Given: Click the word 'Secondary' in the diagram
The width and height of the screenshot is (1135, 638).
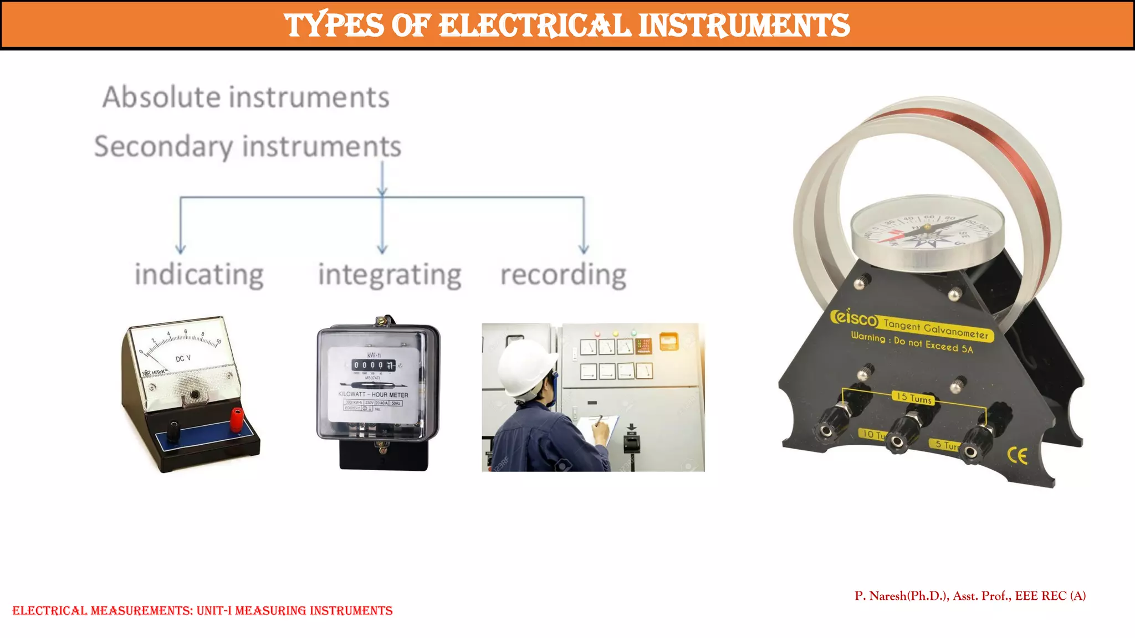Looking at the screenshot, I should [x=163, y=147].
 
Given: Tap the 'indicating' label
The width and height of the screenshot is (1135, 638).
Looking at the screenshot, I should [x=199, y=275].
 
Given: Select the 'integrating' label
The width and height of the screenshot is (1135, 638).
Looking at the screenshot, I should [x=390, y=275].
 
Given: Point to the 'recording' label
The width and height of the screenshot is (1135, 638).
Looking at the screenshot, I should [x=563, y=275].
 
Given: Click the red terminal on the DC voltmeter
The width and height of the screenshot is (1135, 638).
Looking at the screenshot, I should [x=237, y=419].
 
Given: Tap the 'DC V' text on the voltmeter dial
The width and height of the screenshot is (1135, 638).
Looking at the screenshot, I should [x=183, y=359].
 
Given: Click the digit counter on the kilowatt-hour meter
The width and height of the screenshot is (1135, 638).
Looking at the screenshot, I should [x=374, y=365].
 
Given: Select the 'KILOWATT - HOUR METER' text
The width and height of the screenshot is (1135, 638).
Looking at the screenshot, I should [x=373, y=395].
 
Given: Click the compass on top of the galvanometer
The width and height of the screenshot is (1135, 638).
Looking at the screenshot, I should [x=927, y=228].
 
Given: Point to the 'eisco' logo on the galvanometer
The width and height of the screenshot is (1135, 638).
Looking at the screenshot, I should [x=854, y=318].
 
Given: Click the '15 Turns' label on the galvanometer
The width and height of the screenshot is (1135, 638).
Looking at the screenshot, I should [x=914, y=398].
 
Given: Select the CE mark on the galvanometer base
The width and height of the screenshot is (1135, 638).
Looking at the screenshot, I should [x=1018, y=455].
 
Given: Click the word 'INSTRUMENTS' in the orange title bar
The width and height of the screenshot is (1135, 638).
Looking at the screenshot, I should [x=744, y=25].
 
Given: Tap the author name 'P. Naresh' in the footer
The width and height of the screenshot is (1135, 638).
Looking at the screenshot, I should [x=881, y=596].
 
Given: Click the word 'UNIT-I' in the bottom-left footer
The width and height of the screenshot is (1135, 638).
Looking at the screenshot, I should [x=213, y=611].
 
